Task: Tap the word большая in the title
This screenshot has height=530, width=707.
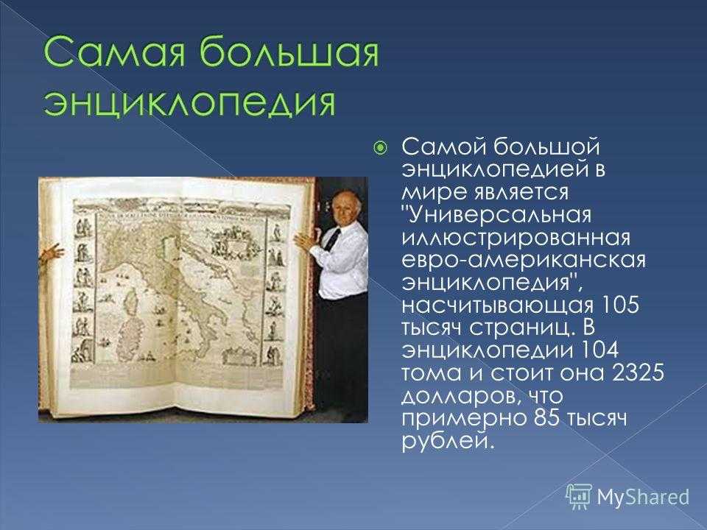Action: pyautogui.click(x=289, y=51)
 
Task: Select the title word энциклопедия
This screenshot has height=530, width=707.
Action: pyautogui.click(x=190, y=103)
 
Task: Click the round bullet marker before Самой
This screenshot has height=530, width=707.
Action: pyautogui.click(x=381, y=147)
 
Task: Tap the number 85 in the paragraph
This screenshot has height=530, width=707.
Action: pyautogui.click(x=546, y=418)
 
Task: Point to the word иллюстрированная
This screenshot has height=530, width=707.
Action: pyautogui.click(x=516, y=238)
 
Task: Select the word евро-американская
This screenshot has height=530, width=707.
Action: pyautogui.click(x=524, y=261)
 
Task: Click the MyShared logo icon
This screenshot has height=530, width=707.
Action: pyautogui.click(x=579, y=496)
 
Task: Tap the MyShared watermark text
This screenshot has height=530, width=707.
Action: pyautogui.click(x=643, y=497)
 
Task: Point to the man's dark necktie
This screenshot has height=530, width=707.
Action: pyautogui.click(x=333, y=239)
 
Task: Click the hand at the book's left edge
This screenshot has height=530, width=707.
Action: pyautogui.click(x=51, y=252)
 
